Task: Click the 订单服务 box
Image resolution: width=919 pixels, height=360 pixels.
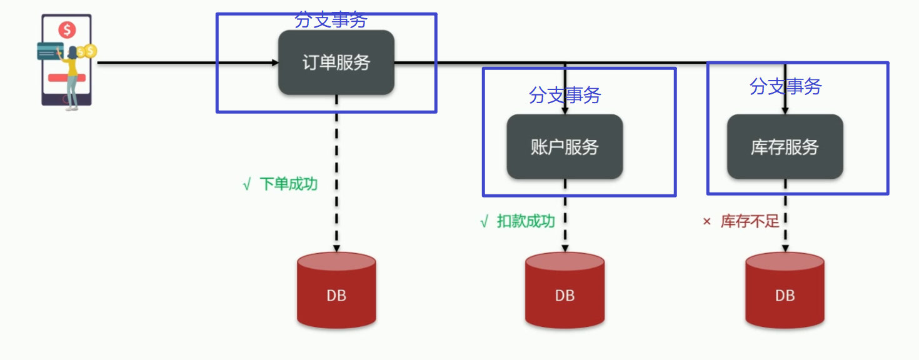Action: coord(336,62)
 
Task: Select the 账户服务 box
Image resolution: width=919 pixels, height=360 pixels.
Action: coord(565,147)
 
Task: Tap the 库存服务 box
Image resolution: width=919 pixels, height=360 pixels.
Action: coord(785,147)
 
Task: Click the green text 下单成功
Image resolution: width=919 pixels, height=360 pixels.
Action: coord(288,184)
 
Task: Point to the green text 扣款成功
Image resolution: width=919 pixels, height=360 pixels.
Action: coord(526,222)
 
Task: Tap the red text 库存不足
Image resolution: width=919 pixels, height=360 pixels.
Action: coord(750,222)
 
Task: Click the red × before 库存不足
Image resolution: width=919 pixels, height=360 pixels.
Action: coord(707,222)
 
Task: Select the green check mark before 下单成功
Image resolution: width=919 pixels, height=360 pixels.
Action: coord(246,185)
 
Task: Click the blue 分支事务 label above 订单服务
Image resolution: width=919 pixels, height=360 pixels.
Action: coord(331,20)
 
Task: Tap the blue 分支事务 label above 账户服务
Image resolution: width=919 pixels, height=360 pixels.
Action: coord(565,96)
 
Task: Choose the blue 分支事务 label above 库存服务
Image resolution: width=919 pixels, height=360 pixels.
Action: coord(785,87)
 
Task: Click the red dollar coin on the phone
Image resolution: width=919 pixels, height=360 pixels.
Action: coord(67,29)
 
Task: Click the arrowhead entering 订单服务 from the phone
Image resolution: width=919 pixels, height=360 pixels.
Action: coord(274,62)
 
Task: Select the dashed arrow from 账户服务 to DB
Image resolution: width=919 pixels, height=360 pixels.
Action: coord(565,216)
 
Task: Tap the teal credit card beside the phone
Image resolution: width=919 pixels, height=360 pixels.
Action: coord(49,51)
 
